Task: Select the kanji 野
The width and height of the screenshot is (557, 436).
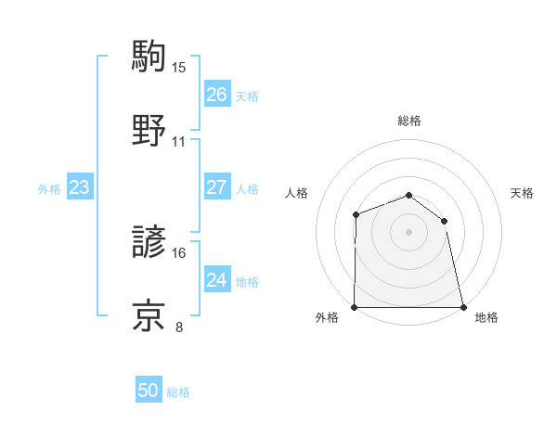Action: click(149, 129)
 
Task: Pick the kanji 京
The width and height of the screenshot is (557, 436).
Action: click(149, 314)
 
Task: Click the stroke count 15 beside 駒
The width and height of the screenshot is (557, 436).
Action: click(179, 67)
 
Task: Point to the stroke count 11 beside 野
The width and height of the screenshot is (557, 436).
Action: click(179, 142)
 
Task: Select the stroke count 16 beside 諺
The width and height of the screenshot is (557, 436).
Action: click(179, 252)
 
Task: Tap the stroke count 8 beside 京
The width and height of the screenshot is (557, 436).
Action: click(179, 327)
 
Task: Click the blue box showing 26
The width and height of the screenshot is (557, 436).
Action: click(216, 95)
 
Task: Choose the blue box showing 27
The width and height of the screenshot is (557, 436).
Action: click(216, 186)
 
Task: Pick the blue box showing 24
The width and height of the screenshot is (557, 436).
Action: click(216, 280)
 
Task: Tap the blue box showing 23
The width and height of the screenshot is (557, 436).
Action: click(80, 188)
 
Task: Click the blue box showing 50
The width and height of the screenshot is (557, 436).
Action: click(149, 391)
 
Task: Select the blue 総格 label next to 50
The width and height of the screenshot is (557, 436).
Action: click(178, 392)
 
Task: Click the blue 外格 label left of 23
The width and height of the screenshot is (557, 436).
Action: click(49, 189)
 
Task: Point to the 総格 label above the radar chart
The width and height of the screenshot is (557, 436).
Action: click(409, 121)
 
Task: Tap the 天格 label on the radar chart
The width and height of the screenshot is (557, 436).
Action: click(523, 193)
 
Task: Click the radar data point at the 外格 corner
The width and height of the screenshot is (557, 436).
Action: click(355, 307)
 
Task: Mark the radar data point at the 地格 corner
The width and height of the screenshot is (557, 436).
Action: click(463, 307)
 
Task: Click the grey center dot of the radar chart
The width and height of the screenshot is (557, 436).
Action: click(408, 232)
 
